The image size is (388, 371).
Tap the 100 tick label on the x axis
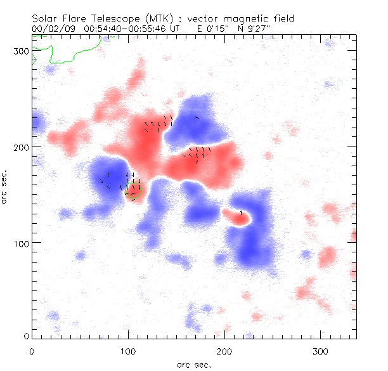click(x=128, y=350)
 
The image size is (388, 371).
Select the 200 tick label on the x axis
click(x=224, y=350)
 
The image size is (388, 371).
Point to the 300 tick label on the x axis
click(x=321, y=350)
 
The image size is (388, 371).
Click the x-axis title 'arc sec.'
click(x=193, y=364)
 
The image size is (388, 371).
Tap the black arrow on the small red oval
click(x=241, y=213)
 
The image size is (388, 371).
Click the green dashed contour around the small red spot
click(x=134, y=199)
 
